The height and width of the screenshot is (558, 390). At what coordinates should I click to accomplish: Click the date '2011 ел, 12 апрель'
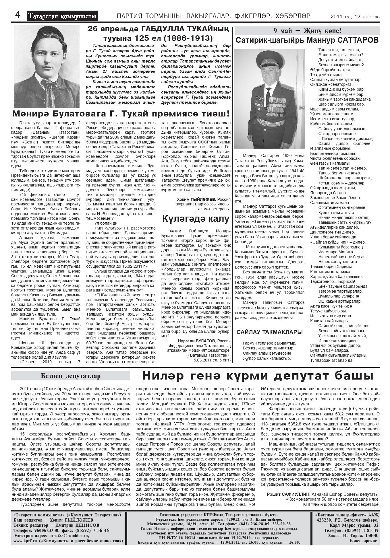point(355,17)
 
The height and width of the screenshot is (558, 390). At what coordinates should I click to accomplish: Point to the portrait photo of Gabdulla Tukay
point(47,67)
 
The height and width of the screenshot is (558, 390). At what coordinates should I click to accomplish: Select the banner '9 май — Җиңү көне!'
point(307,31)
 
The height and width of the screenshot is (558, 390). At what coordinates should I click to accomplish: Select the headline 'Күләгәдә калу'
point(196,219)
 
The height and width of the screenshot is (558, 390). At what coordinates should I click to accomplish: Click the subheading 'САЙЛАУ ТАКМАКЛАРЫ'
point(269,332)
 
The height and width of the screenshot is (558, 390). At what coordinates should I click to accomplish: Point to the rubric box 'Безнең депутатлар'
point(71,376)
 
